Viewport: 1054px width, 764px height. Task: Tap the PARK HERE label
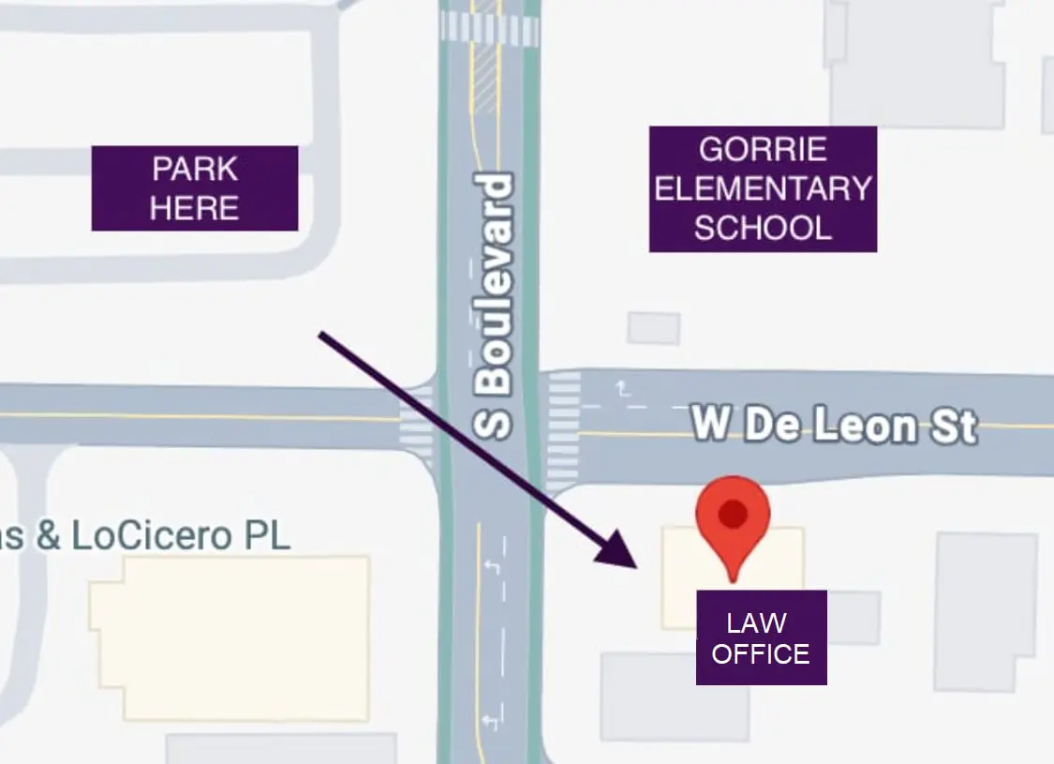(x=195, y=187)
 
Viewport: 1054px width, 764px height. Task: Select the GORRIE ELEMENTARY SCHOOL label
(x=763, y=188)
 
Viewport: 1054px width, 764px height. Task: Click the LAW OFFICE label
(x=761, y=637)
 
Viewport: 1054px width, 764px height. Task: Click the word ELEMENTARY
(x=763, y=188)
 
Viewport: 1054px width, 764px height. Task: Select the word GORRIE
(x=763, y=149)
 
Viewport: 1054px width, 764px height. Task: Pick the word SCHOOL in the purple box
(x=763, y=228)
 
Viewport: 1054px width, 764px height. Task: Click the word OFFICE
(x=761, y=653)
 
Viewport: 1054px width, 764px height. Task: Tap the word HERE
(x=195, y=207)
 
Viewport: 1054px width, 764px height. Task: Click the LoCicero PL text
(x=169, y=536)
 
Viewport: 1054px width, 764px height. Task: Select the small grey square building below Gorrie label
(x=654, y=328)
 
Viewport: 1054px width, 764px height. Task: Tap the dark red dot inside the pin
(x=732, y=512)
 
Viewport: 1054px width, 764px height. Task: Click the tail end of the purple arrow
(x=322, y=334)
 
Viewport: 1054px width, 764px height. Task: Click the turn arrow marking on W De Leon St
(x=621, y=387)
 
